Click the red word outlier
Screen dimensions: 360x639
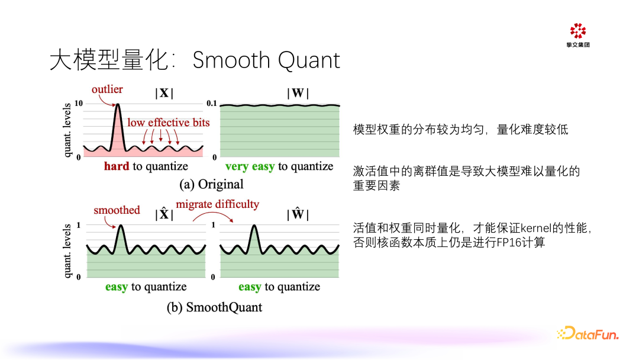(x=107, y=89)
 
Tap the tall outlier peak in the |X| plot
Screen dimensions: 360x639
(x=117, y=110)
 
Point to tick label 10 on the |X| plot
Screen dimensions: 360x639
(x=78, y=104)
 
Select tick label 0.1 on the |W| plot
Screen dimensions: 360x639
(x=213, y=104)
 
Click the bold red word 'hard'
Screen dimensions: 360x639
(x=116, y=166)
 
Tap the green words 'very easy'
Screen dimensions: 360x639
(x=250, y=166)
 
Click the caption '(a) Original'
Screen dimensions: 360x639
(x=211, y=184)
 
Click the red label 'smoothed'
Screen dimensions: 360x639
(x=117, y=210)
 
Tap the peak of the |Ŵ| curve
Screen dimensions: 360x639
(x=254, y=226)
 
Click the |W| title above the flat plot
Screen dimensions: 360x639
(x=298, y=93)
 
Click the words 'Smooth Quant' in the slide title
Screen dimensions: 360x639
(x=266, y=60)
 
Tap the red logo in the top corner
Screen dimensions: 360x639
(x=577, y=31)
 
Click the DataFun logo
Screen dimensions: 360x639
(x=587, y=334)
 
